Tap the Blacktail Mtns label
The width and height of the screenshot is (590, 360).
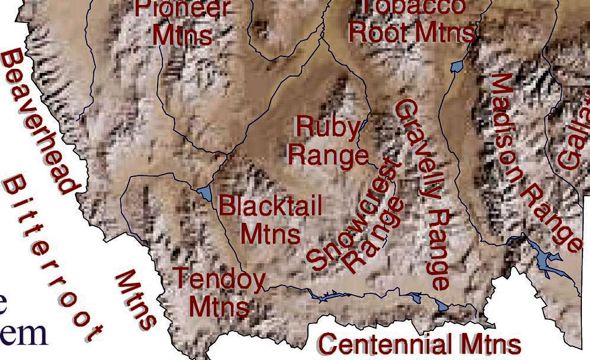tap(270, 220)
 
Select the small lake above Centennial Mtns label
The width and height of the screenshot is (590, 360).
tap(443, 306)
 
